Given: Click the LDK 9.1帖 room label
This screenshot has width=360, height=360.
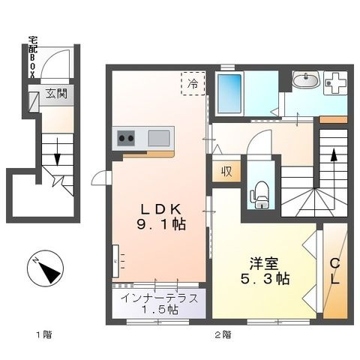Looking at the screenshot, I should [160, 214].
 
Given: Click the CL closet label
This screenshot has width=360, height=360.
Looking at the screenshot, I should [335, 270].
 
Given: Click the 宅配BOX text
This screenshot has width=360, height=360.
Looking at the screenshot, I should [32, 54].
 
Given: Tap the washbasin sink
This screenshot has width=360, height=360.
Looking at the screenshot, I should [306, 80].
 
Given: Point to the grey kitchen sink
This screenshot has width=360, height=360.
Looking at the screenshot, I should [158, 138].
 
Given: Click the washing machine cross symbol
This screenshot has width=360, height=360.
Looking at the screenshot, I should [334, 82].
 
